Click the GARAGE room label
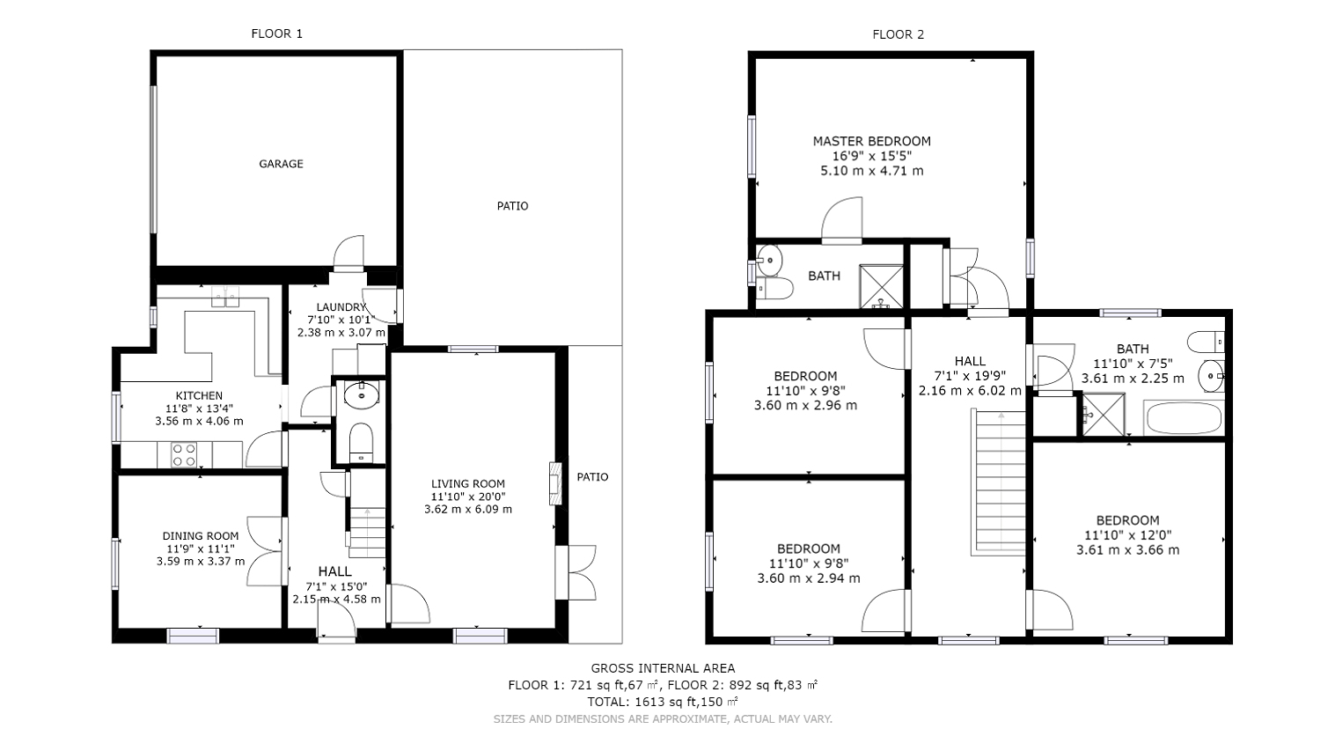click(x=281, y=164)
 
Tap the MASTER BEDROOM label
click(x=871, y=141)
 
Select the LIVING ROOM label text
click(x=467, y=483)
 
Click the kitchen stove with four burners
click(x=184, y=455)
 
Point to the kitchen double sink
click(x=226, y=297)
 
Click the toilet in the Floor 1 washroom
click(x=362, y=443)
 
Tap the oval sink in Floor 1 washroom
click(x=361, y=395)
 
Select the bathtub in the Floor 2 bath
click(x=1184, y=418)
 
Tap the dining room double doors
click(x=265, y=551)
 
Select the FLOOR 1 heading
click(x=276, y=33)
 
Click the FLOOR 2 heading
click(x=898, y=34)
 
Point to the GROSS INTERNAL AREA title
click(x=662, y=668)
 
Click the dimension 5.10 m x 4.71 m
click(x=871, y=171)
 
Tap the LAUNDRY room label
click(x=341, y=307)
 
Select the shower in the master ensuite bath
click(x=882, y=285)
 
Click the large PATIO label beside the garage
click(x=512, y=206)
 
